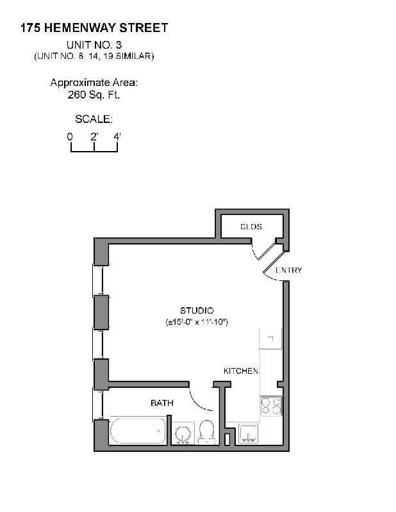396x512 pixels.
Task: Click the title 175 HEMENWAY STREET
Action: pos(94,28)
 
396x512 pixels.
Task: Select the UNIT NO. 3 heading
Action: pos(94,45)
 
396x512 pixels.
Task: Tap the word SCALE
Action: pos(94,119)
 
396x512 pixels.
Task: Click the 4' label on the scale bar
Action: pos(117,136)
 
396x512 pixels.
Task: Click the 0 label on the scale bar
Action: pos(70,136)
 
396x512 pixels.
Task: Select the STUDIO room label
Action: pos(197,310)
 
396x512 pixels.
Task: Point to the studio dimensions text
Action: pos(197,321)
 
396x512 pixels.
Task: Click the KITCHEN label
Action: pos(240,371)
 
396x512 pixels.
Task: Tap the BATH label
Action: pos(162,403)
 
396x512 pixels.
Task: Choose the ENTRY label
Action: pos(288,270)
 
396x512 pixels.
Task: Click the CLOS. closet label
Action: pos(251,227)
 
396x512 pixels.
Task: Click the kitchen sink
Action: pos(249,434)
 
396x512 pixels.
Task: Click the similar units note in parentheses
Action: pos(94,56)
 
